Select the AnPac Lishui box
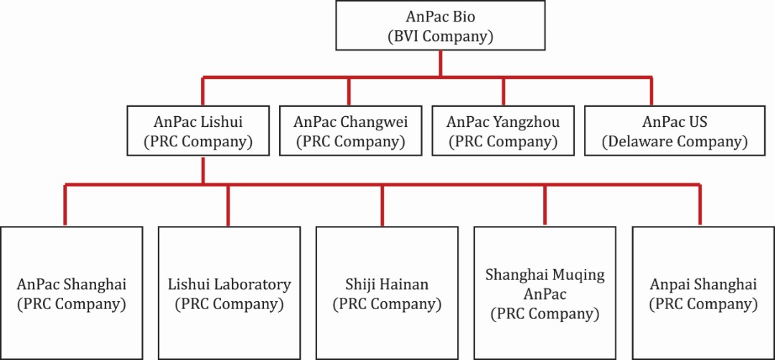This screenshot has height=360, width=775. pyautogui.click(x=203, y=131)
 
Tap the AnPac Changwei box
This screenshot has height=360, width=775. pyautogui.click(x=349, y=131)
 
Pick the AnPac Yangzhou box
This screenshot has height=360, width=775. pyautogui.click(x=502, y=131)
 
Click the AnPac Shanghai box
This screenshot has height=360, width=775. pyautogui.click(x=71, y=293)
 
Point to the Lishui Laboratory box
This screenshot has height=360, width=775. pyautogui.click(x=229, y=293)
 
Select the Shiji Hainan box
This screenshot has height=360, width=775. pyautogui.click(x=386, y=293)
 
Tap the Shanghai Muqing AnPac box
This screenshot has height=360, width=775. pyautogui.click(x=545, y=293)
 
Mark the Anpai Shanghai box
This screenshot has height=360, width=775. pyautogui.click(x=703, y=293)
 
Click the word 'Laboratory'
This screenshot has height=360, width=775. pyautogui.click(x=255, y=284)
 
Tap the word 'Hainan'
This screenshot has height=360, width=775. pyautogui.click(x=405, y=284)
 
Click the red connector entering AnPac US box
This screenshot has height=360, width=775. pyautogui.click(x=651, y=91)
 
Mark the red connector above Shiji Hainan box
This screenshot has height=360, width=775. pyautogui.click(x=381, y=204)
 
